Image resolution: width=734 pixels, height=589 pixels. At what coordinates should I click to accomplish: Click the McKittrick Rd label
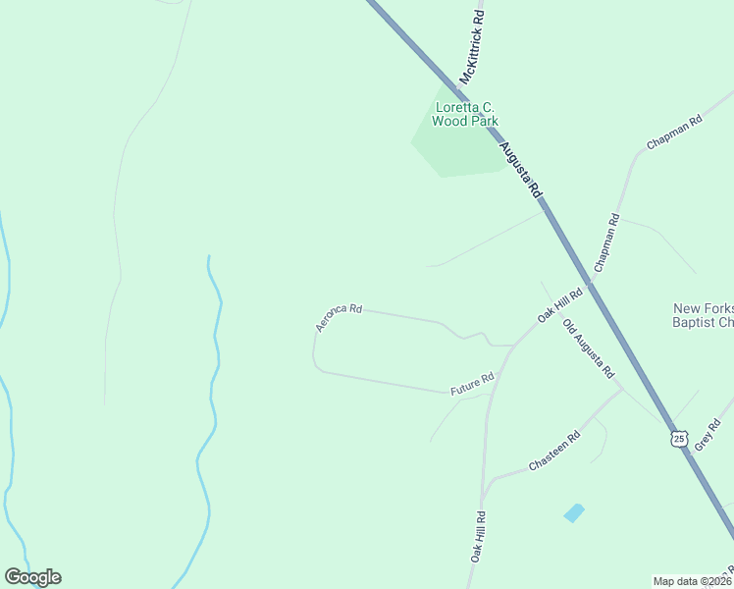click(472, 46)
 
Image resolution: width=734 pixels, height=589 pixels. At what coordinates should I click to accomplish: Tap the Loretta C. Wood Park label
click(466, 114)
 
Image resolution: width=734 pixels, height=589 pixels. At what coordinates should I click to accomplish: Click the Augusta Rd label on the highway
click(521, 173)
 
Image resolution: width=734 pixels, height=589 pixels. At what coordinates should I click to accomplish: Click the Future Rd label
click(472, 384)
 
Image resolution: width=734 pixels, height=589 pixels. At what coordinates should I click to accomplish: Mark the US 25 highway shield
click(678, 438)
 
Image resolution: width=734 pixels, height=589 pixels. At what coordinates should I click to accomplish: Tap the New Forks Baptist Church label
click(703, 314)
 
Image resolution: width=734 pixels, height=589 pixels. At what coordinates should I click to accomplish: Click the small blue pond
click(573, 512)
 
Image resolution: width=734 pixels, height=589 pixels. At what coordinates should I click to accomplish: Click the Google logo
click(32, 577)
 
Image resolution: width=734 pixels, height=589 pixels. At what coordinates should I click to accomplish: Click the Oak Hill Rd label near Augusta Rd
click(559, 304)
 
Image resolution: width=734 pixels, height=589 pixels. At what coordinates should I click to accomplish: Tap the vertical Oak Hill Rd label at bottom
click(476, 536)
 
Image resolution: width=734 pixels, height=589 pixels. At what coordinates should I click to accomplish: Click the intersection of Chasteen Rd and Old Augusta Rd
click(621, 389)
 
